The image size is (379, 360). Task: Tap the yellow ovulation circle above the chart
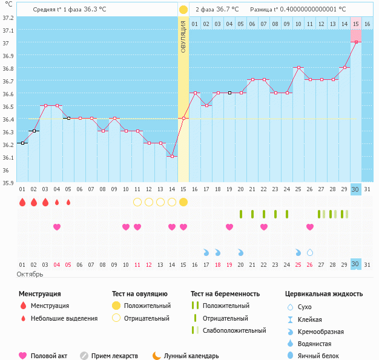[x=183, y=10]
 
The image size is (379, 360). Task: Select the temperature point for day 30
[x=356, y=42]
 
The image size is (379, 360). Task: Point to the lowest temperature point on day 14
[x=172, y=156]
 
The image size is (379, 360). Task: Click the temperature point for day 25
[x=298, y=68]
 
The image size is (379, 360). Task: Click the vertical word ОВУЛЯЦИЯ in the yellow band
[x=183, y=36]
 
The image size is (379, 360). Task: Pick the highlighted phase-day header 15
[x=356, y=24]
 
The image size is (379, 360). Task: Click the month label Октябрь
[x=30, y=274]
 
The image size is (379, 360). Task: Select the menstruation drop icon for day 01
[x=22, y=202]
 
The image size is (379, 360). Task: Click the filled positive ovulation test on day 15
[x=183, y=202]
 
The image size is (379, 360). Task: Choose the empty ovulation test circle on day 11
[x=137, y=202]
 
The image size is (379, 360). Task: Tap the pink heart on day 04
[x=57, y=227]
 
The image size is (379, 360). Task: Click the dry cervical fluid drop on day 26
[x=310, y=252]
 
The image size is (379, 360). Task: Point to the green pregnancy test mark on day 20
[x=241, y=214]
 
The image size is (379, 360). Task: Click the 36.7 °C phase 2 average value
[x=226, y=10]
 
